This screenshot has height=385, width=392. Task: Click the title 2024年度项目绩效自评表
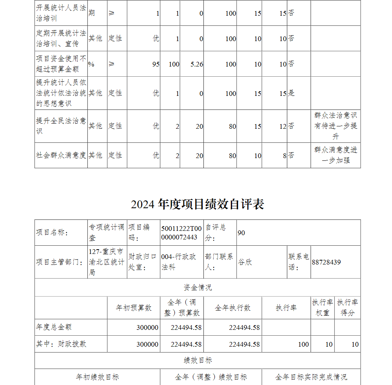[x=197, y=204]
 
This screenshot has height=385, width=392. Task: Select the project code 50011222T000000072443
[x=181, y=233]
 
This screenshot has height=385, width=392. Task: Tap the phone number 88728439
[x=327, y=262]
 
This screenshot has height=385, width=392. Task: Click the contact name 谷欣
[x=245, y=262]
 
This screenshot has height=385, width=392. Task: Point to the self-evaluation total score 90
[x=241, y=233]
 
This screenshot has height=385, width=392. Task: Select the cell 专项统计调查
[x=107, y=232]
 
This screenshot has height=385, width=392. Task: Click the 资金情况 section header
[x=198, y=288]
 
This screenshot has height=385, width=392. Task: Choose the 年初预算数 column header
[x=133, y=308]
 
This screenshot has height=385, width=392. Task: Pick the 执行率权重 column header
[x=322, y=308]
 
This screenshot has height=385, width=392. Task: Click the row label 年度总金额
[x=54, y=327]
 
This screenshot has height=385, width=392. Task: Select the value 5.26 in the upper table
[x=197, y=64]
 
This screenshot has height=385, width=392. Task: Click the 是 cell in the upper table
[x=292, y=93]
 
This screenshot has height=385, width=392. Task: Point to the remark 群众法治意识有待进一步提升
[x=336, y=126]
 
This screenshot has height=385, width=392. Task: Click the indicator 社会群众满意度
[x=61, y=155]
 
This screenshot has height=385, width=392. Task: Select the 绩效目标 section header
[x=198, y=360]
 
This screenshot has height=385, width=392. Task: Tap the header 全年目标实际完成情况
[x=311, y=377]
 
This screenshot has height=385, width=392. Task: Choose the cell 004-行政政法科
[x=179, y=262]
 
